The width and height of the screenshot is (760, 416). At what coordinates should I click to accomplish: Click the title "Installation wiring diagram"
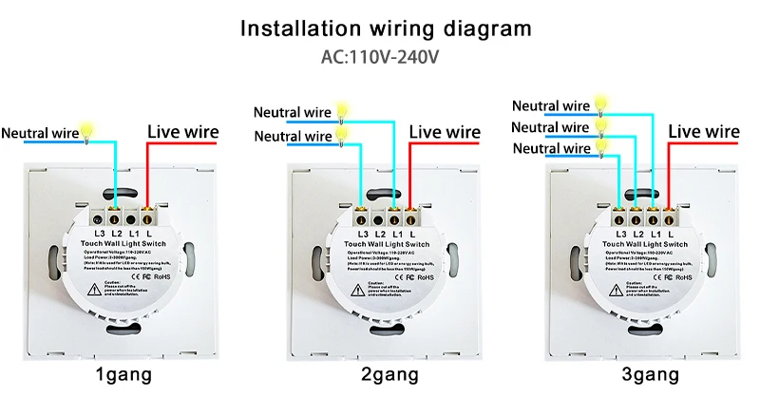(x=386, y=28)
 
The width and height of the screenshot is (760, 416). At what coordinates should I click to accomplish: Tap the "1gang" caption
(x=127, y=375)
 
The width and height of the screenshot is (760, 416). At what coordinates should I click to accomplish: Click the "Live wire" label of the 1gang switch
(x=182, y=132)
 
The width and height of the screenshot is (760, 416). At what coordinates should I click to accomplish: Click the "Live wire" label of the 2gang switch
(x=445, y=132)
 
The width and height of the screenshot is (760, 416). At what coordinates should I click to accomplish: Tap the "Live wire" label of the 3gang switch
(x=704, y=131)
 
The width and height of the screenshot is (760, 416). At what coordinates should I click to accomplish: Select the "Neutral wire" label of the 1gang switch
(x=38, y=132)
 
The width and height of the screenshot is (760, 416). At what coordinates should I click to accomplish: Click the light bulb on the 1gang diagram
(x=88, y=128)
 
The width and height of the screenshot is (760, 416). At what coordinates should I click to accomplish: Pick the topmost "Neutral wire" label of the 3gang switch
(x=551, y=105)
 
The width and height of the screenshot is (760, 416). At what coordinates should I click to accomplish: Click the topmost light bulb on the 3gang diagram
(x=601, y=102)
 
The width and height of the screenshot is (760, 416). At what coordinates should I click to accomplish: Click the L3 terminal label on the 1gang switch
(x=99, y=233)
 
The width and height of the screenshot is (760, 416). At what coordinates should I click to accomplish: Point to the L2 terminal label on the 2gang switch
(x=379, y=233)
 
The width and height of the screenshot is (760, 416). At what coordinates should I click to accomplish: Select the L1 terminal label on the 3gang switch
(x=655, y=233)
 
